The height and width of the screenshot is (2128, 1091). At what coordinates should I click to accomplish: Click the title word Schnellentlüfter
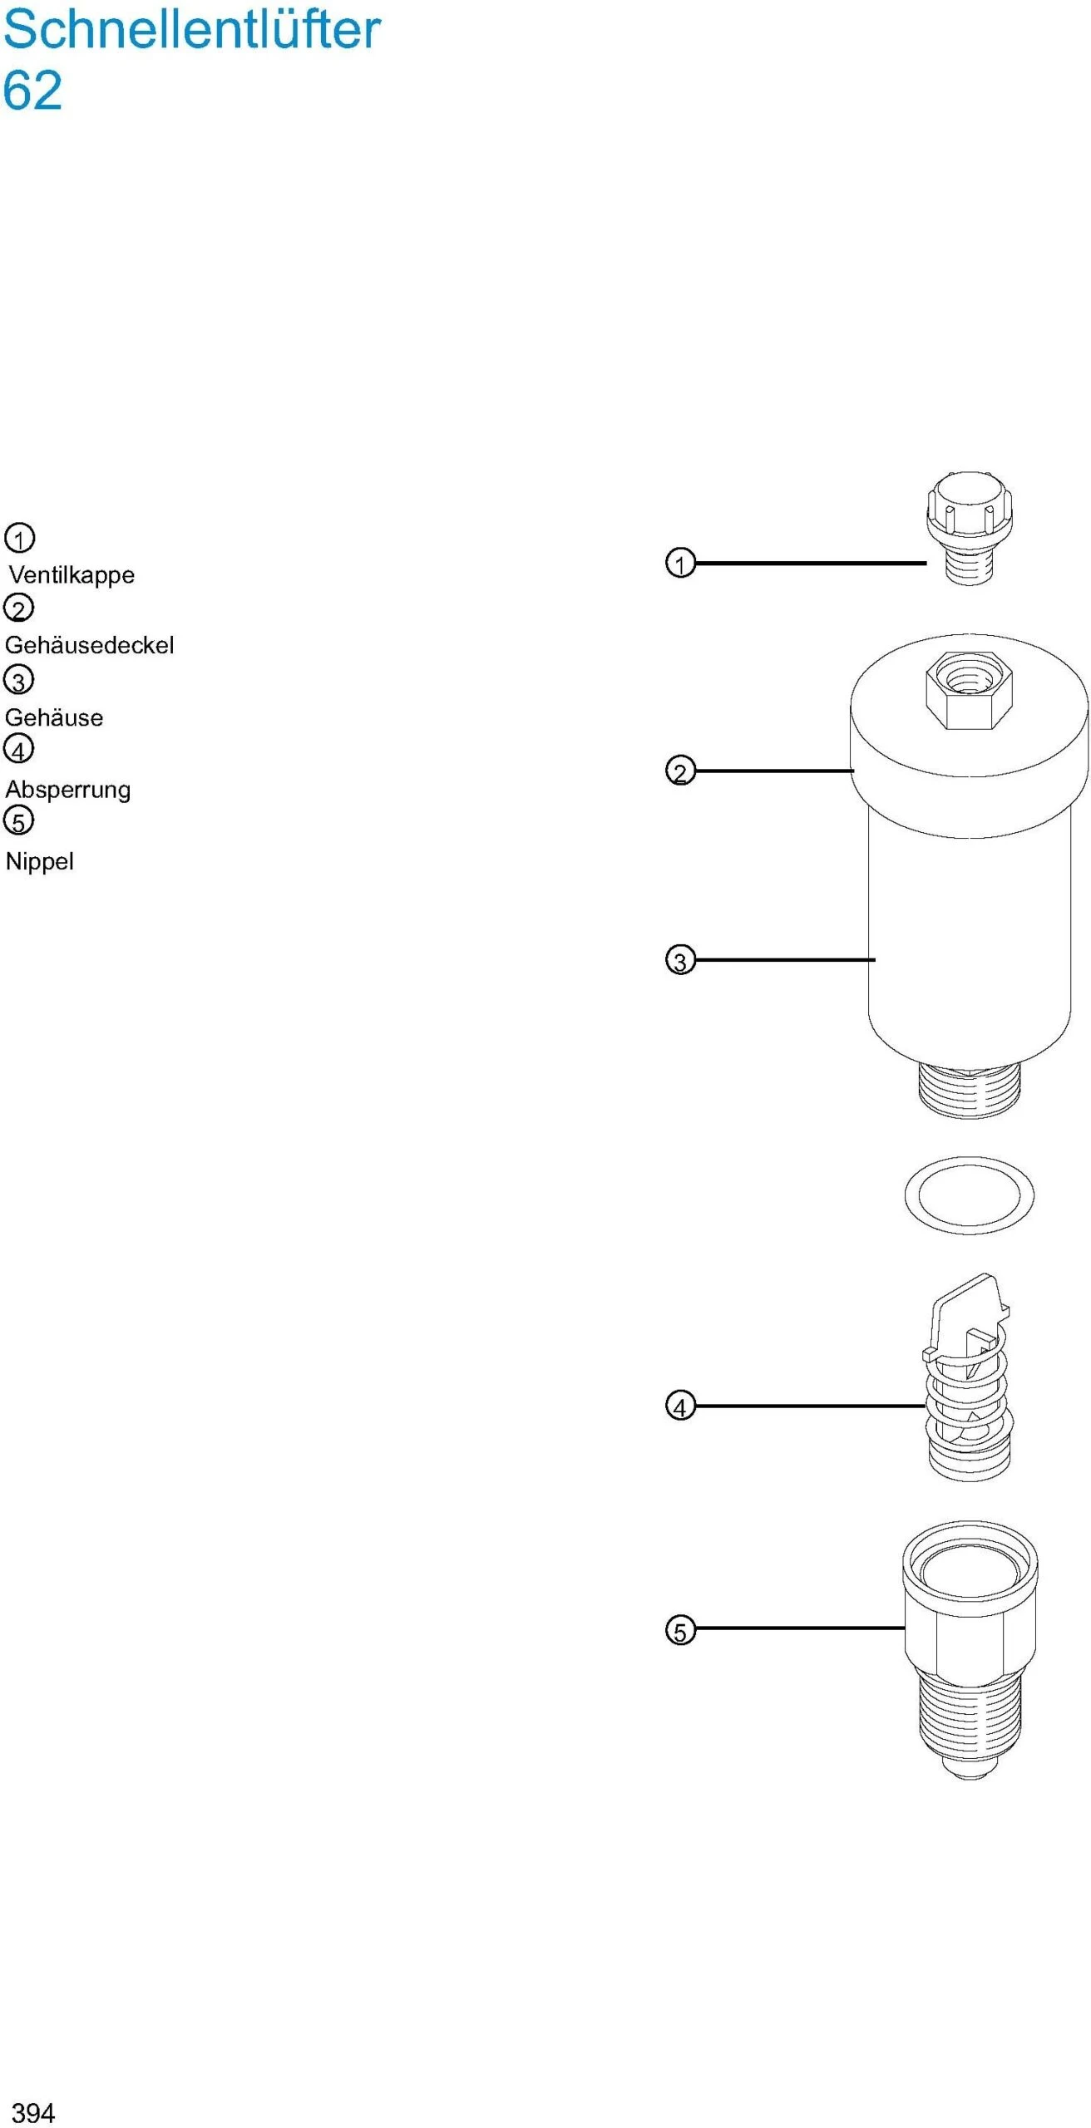coord(191,29)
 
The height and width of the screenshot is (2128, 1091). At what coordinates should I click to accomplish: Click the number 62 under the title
coord(32,90)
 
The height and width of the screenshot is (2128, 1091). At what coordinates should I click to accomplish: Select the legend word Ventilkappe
coord(72,574)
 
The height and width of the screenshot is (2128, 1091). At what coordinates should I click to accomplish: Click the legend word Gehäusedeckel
coord(90,645)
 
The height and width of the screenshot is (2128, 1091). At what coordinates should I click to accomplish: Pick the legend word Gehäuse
coord(54,717)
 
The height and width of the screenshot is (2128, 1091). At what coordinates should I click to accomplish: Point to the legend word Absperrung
coord(68,789)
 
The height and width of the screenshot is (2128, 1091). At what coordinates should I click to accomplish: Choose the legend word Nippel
coord(40,861)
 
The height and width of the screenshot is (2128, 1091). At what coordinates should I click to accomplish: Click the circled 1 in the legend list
coord(19,538)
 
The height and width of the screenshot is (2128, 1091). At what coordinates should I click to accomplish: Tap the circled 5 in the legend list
coord(19,821)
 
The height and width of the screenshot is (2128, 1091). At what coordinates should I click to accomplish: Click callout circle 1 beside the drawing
coord(680,563)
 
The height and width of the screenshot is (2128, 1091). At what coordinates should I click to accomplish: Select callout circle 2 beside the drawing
coord(680,771)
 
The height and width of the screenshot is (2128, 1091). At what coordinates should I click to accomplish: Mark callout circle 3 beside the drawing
coord(680,960)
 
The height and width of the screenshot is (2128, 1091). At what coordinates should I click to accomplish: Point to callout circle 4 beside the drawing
coord(680,1406)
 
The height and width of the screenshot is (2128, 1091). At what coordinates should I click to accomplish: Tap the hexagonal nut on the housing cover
coord(968,690)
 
